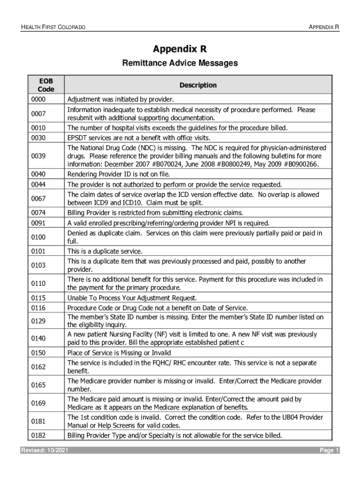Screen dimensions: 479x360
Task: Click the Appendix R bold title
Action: point(180,49)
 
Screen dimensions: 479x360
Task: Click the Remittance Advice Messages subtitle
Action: point(180,63)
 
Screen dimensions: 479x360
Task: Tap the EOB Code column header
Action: point(46,85)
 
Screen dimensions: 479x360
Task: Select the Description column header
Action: point(198,85)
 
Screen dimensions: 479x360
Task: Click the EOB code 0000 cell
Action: point(38,100)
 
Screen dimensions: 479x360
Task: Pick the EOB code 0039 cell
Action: point(38,155)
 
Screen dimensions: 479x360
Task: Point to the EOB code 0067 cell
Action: point(38,198)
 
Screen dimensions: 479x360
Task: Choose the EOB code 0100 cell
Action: point(38,237)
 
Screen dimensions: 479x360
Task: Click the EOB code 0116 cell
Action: point(38,308)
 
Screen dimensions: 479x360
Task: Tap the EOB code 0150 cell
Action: point(38,353)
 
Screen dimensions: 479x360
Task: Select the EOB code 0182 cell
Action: point(38,435)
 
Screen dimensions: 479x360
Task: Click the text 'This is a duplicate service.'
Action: point(105,251)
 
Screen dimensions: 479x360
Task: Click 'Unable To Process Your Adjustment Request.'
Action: point(132,298)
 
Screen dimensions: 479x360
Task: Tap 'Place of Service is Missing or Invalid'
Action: point(119,353)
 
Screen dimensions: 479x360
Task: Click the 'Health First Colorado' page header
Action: point(53,28)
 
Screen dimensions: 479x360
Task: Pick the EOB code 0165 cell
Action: point(38,385)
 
